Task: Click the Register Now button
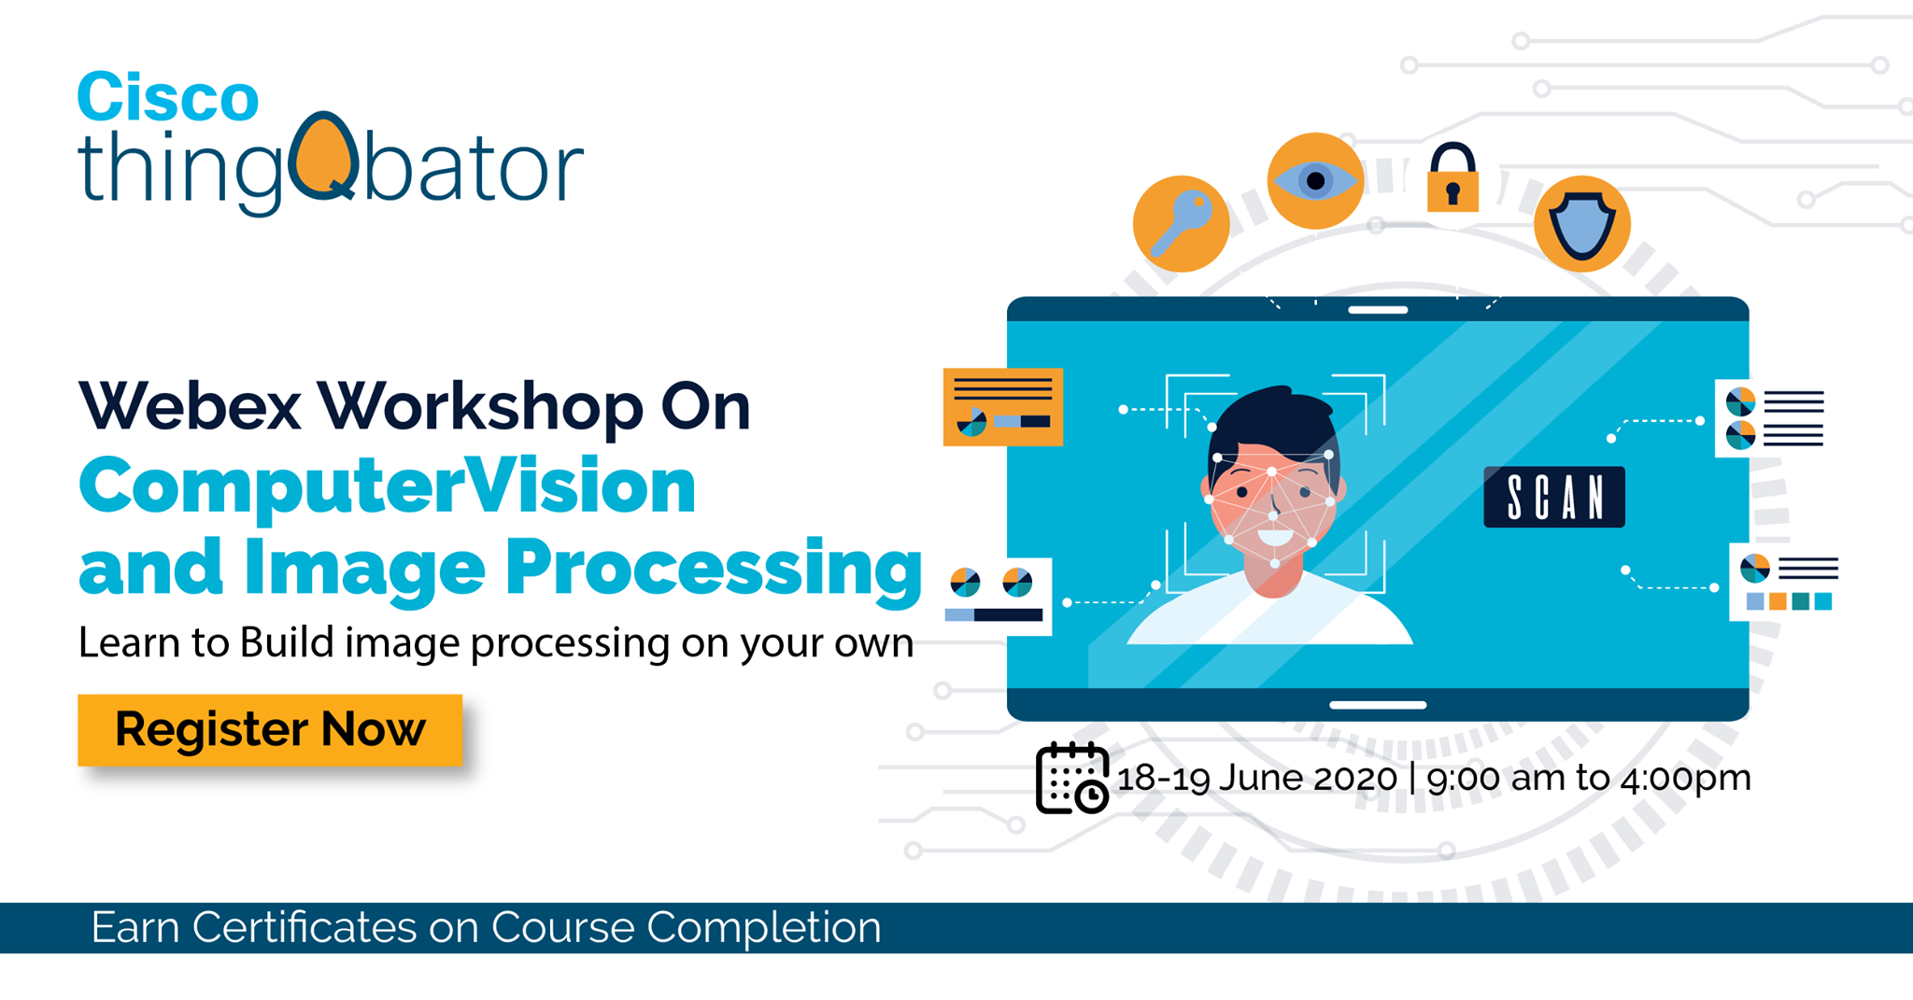[270, 730]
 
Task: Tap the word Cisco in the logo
[168, 96]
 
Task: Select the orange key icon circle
[1181, 224]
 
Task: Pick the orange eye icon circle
[1315, 181]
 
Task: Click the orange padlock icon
[1452, 178]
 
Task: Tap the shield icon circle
[1582, 224]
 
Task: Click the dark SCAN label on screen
[1554, 497]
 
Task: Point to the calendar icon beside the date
[1071, 778]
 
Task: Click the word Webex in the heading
[190, 406]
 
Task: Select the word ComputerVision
[388, 486]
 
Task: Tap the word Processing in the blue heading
[714, 568]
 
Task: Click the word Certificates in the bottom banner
[305, 927]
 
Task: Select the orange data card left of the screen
[1003, 407]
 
